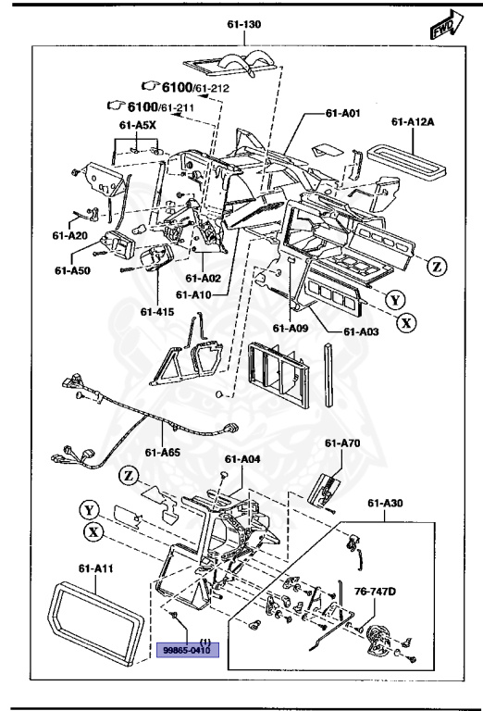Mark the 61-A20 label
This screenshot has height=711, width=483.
coord(69,235)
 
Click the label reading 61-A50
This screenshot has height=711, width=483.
coord(71,271)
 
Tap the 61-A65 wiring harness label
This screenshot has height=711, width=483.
coord(163,453)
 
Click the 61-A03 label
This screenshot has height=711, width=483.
coord(362,331)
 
